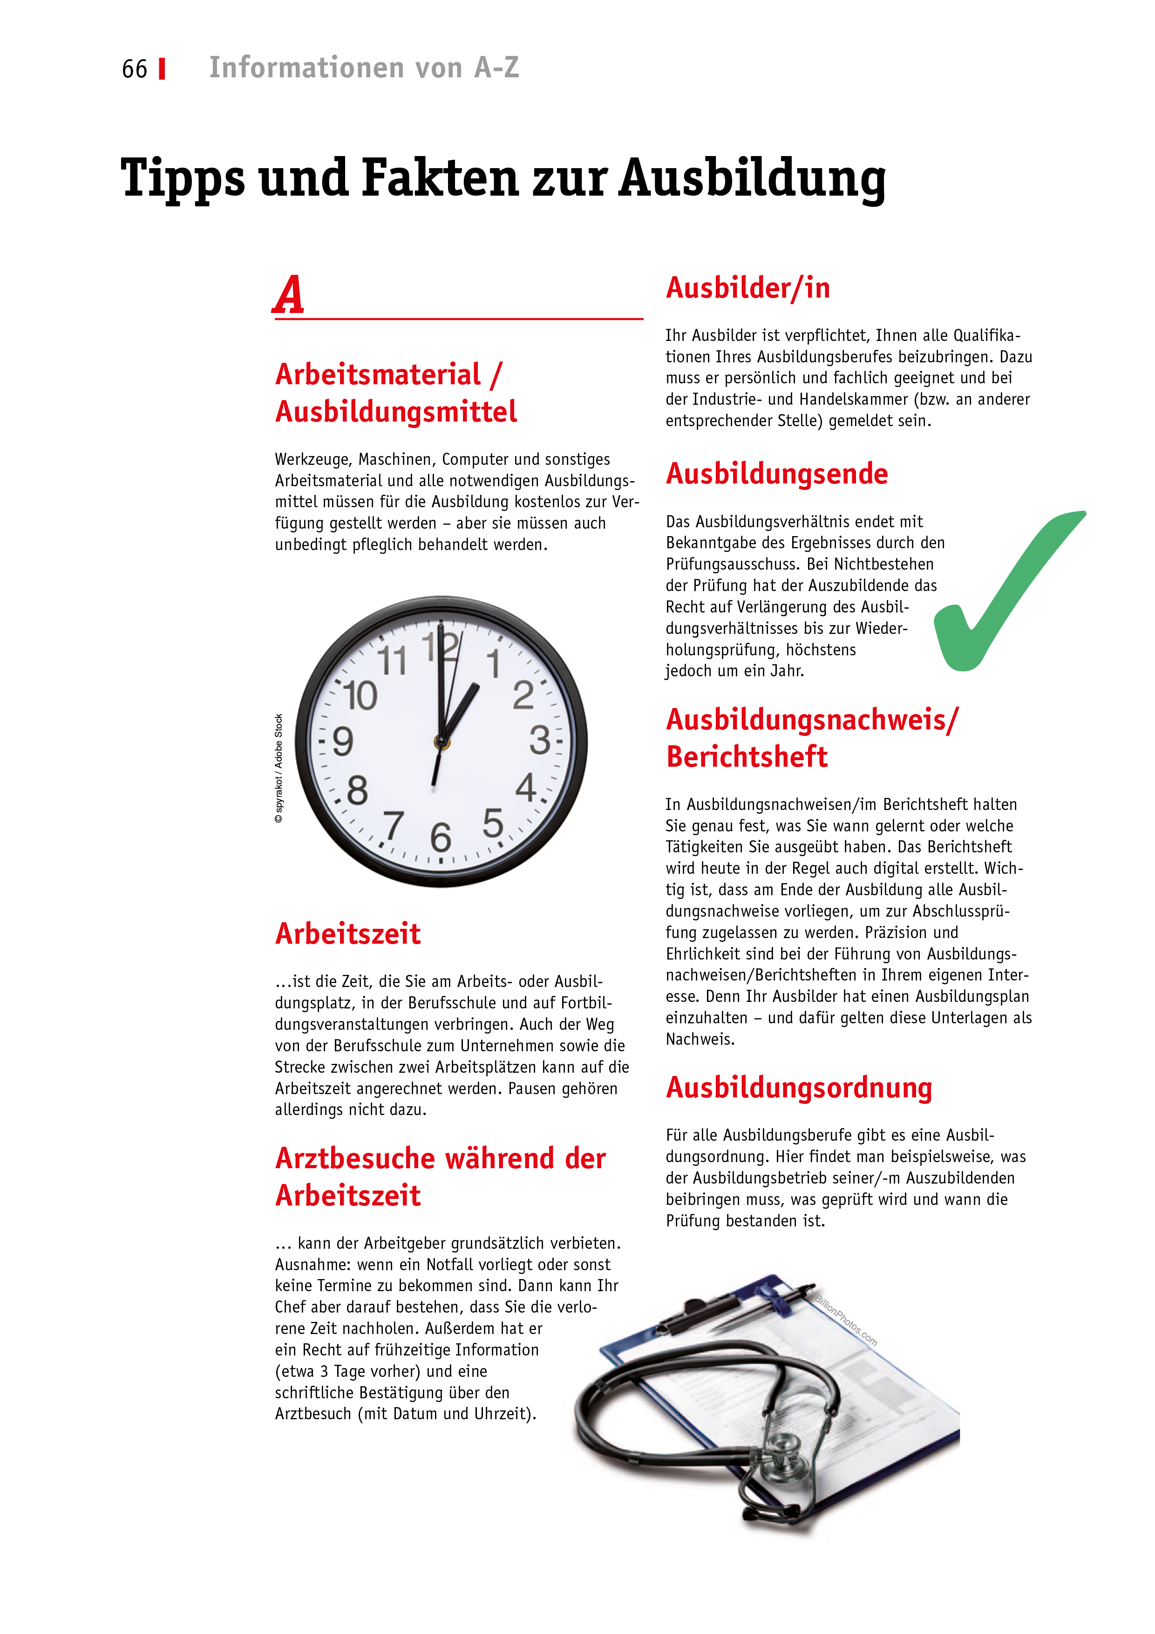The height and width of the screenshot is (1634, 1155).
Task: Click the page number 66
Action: (135, 69)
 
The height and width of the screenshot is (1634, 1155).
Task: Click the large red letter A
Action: (289, 295)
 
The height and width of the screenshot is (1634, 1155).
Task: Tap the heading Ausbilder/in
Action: (747, 288)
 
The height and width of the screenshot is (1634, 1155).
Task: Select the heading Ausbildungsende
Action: (776, 474)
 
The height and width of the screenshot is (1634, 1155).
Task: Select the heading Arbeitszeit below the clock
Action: (348, 934)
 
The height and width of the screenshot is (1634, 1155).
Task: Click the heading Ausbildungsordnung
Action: (798, 1088)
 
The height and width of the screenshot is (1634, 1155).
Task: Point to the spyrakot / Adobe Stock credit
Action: (279, 769)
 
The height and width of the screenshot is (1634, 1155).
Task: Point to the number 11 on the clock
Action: (392, 660)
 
